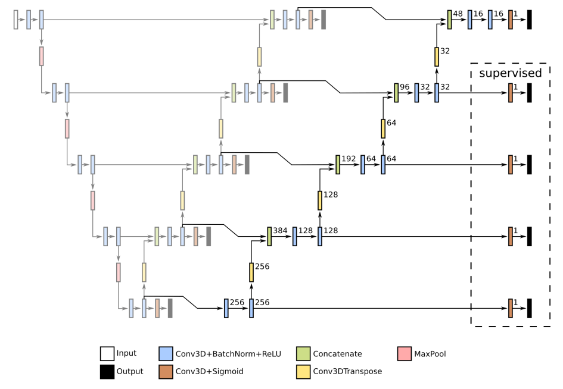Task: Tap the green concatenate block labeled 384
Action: coord(269,236)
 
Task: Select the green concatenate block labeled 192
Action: coord(338,165)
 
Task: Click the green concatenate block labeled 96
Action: coord(396,93)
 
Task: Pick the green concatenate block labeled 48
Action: coord(450,20)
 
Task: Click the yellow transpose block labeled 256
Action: coord(251,272)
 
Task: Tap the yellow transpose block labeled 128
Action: coord(320,200)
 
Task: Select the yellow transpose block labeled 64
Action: coord(383,128)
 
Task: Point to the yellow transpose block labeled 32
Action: coord(437,57)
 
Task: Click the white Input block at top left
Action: coord(16,20)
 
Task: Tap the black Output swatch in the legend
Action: coord(107,371)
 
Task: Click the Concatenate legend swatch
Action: coord(304,354)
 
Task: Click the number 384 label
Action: coord(281,230)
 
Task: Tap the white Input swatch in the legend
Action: coord(107,354)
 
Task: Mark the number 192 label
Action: coord(349,158)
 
